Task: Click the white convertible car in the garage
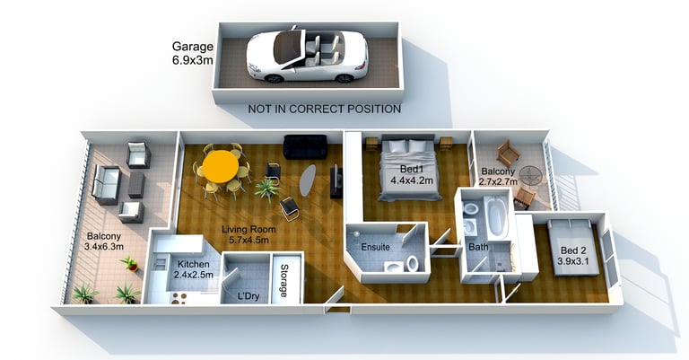(x=306, y=56)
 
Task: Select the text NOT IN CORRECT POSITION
(x=324, y=109)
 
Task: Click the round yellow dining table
(x=220, y=165)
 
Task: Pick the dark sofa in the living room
(x=305, y=146)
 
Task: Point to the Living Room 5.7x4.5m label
(x=249, y=235)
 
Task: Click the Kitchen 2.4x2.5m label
(x=193, y=269)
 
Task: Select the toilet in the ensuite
(x=411, y=264)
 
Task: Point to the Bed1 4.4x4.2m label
(x=411, y=175)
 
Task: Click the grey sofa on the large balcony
(x=106, y=185)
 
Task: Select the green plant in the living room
(x=266, y=189)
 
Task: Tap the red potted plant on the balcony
(x=131, y=263)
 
